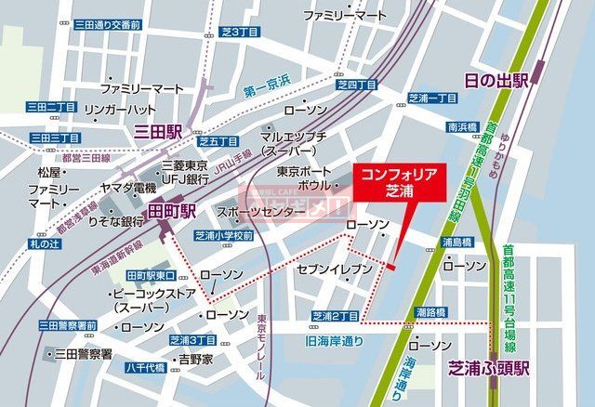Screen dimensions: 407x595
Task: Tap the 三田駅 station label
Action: [x=158, y=132]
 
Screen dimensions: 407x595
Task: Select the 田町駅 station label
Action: [x=172, y=211]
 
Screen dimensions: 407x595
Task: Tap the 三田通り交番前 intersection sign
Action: [x=107, y=24]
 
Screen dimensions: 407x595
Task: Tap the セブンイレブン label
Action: [x=335, y=269]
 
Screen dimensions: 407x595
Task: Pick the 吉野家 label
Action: [x=196, y=358]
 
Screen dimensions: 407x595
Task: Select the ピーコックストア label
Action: [x=153, y=299]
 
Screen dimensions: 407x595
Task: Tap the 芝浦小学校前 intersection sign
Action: [x=224, y=236]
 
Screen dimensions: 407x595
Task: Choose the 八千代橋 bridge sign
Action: [x=146, y=367]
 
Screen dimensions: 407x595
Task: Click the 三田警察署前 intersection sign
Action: [x=68, y=325]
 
